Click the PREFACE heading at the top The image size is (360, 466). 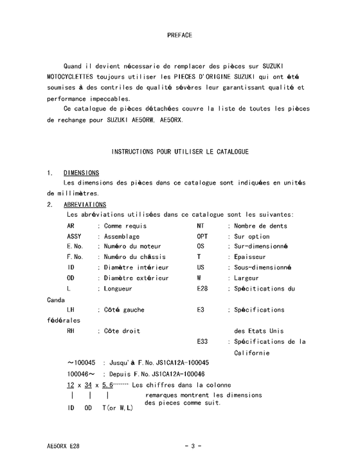179,35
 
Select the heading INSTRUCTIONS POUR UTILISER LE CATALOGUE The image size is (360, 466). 179,152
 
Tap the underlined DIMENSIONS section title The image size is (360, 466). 81,173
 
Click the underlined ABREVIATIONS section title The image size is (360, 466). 85,204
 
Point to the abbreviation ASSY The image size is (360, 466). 75,236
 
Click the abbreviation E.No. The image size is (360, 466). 75,246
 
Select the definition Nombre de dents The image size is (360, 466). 261,226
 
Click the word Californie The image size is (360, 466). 260,352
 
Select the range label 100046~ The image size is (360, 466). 82,373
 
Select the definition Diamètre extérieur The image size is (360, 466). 136,278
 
